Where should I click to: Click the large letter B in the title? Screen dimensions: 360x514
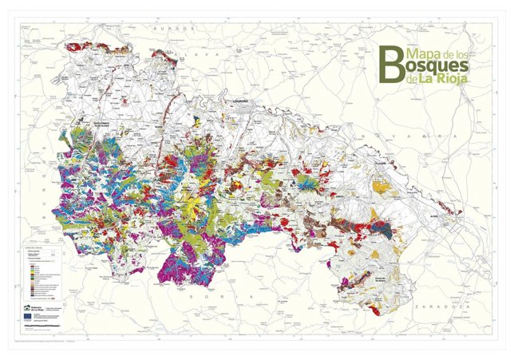pyautogui.click(x=389, y=62)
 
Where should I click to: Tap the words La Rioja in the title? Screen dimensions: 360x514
pyautogui.click(x=443, y=78)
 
